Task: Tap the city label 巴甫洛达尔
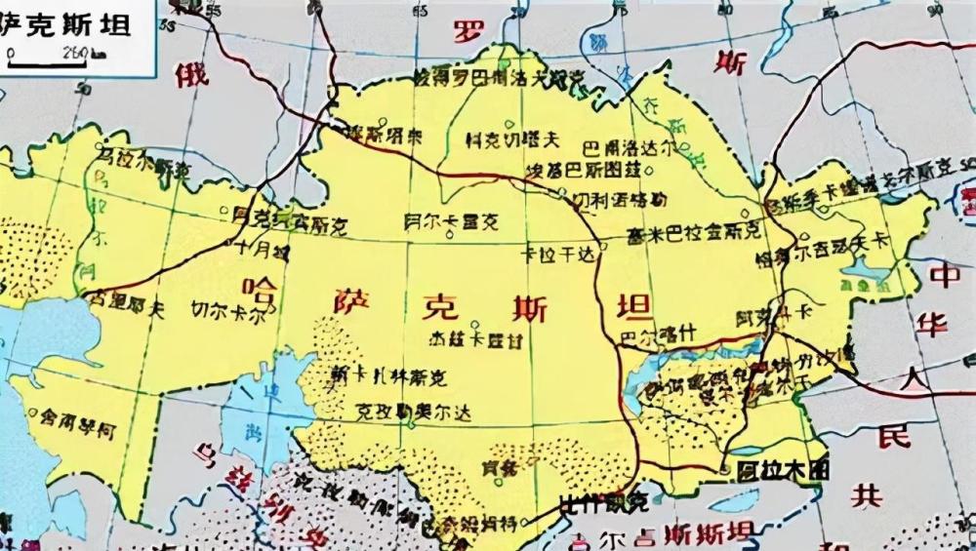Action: click(628, 148)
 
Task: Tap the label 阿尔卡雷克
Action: click(450, 222)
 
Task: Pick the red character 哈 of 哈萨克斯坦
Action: click(261, 289)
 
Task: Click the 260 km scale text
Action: click(75, 52)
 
